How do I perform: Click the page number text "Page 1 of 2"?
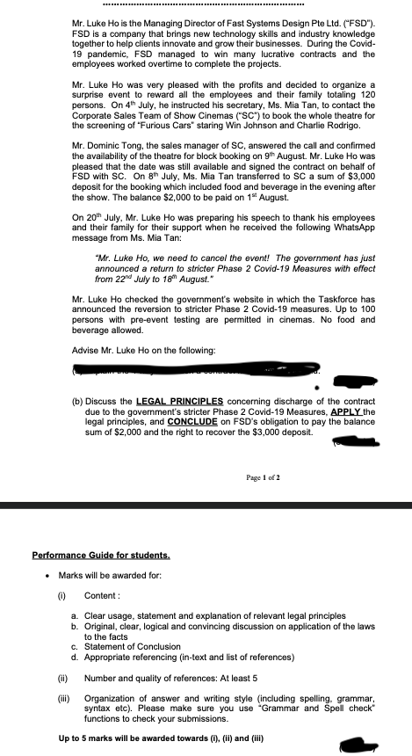263,477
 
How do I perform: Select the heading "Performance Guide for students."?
100,556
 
